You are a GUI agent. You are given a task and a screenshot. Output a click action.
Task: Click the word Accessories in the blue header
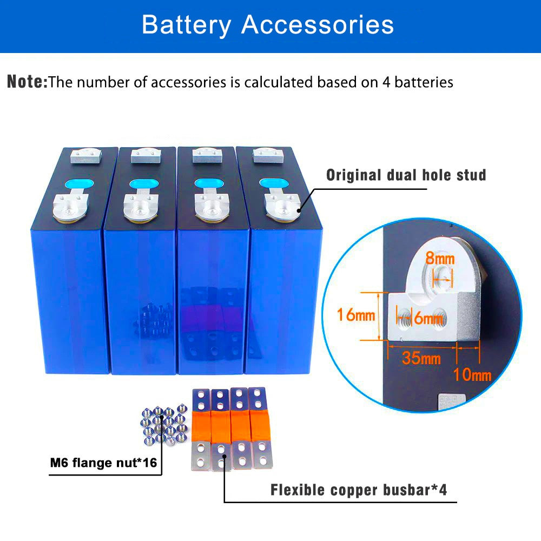pyautogui.click(x=318, y=24)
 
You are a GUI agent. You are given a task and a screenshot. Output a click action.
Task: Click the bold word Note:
pyautogui.click(x=27, y=82)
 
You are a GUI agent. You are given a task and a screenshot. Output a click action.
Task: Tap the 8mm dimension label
pyautogui.click(x=439, y=258)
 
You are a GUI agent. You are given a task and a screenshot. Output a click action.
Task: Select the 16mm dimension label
pyautogui.click(x=356, y=315)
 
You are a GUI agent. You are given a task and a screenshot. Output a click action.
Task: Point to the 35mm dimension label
pyautogui.click(x=421, y=358)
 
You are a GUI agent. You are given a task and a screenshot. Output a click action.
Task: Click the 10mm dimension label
pyautogui.click(x=472, y=375)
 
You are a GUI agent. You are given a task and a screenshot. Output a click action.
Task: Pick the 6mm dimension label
pyautogui.click(x=428, y=318)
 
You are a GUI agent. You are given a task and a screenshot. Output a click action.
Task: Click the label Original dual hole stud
pyautogui.click(x=406, y=175)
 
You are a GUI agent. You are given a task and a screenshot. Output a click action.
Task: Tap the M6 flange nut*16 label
pyautogui.click(x=103, y=463)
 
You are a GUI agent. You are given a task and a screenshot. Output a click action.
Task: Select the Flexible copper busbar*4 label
pyautogui.click(x=359, y=490)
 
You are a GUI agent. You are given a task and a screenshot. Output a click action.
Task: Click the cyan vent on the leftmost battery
pyautogui.click(x=79, y=184)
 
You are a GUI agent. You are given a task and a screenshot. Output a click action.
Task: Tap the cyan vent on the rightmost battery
pyautogui.click(x=274, y=183)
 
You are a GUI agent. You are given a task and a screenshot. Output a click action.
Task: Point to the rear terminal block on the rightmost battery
pyautogui.click(x=268, y=155)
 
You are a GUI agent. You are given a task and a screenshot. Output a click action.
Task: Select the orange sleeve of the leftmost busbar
pyautogui.click(x=201, y=426)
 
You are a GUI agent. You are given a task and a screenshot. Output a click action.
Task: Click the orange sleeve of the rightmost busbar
pyautogui.click(x=260, y=426)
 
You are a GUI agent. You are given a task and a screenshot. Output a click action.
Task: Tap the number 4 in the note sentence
pyautogui.click(x=386, y=82)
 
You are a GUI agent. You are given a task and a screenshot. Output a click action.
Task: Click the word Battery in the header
pyautogui.click(x=186, y=25)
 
